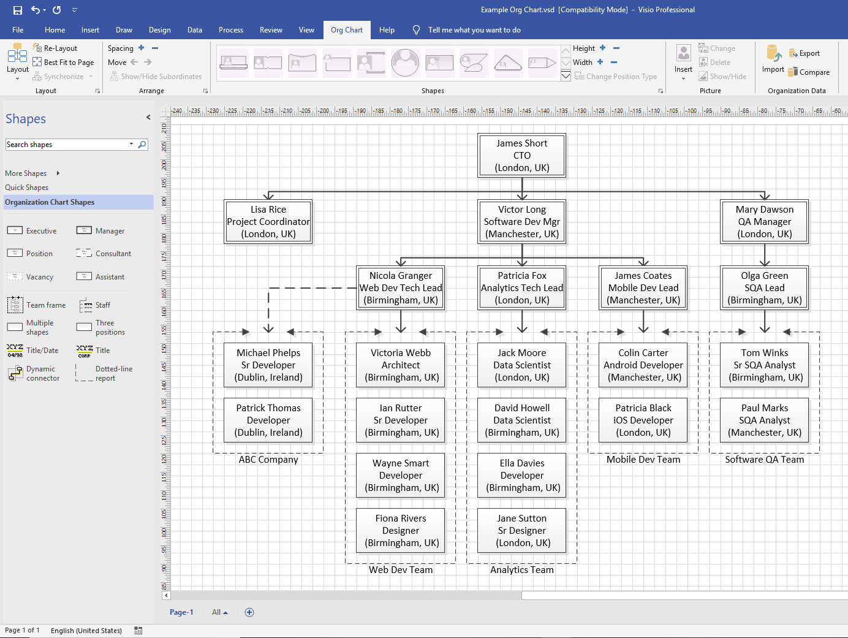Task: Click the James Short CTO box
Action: [521, 156]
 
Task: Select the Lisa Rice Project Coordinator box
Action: [268, 222]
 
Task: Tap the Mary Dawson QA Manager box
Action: [764, 222]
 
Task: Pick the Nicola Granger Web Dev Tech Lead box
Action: [401, 288]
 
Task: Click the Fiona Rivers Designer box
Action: [401, 531]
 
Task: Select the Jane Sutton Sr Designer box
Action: [521, 531]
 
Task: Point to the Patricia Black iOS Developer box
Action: [643, 420]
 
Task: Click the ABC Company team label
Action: [268, 460]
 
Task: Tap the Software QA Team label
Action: [764, 460]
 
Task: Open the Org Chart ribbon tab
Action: [346, 30]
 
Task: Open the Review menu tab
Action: [271, 30]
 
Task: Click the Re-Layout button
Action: [56, 48]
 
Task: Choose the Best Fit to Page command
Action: [64, 63]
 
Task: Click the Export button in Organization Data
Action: [804, 53]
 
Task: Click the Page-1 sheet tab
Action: [181, 612]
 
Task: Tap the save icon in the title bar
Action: [17, 10]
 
